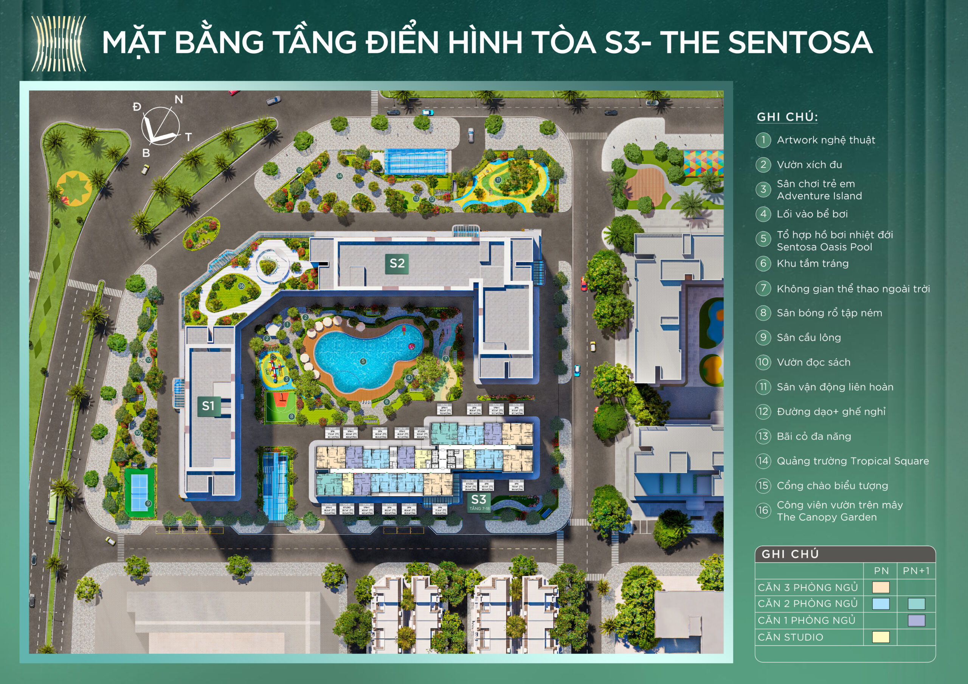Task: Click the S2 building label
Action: (397, 263)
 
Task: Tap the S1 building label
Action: (208, 406)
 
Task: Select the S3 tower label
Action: (479, 500)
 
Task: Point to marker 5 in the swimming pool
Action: (363, 361)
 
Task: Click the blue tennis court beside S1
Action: (139, 492)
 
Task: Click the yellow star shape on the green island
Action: (74, 188)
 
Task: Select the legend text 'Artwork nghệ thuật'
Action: (825, 140)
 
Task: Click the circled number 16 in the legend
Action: (763, 510)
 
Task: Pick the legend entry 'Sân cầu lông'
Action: (809, 337)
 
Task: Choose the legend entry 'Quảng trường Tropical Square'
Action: (852, 461)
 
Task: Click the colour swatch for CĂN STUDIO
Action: (880, 637)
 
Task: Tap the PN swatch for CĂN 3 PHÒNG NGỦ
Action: (880, 587)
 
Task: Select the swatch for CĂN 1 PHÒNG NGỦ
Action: (916, 620)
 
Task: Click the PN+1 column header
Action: (916, 571)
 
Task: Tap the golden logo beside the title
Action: (59, 44)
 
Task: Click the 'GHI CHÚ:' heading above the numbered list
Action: (787, 117)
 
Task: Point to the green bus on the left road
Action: (53, 506)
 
